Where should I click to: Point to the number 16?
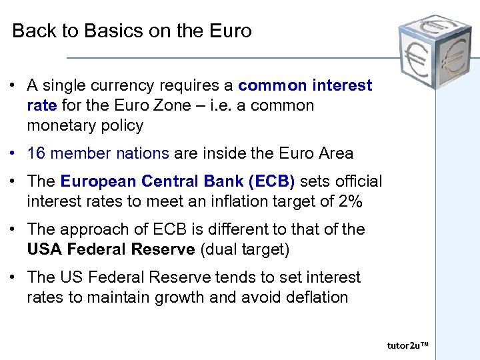click(x=36, y=153)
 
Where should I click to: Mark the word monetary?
click(x=59, y=125)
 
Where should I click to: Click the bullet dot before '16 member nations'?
click(x=13, y=154)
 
